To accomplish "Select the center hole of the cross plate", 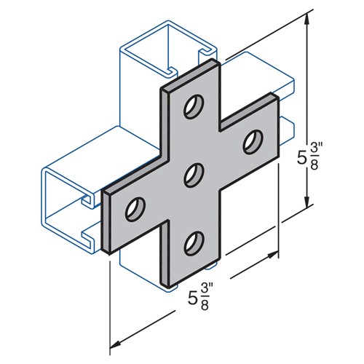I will [194, 174].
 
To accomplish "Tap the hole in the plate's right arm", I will [253, 138].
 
